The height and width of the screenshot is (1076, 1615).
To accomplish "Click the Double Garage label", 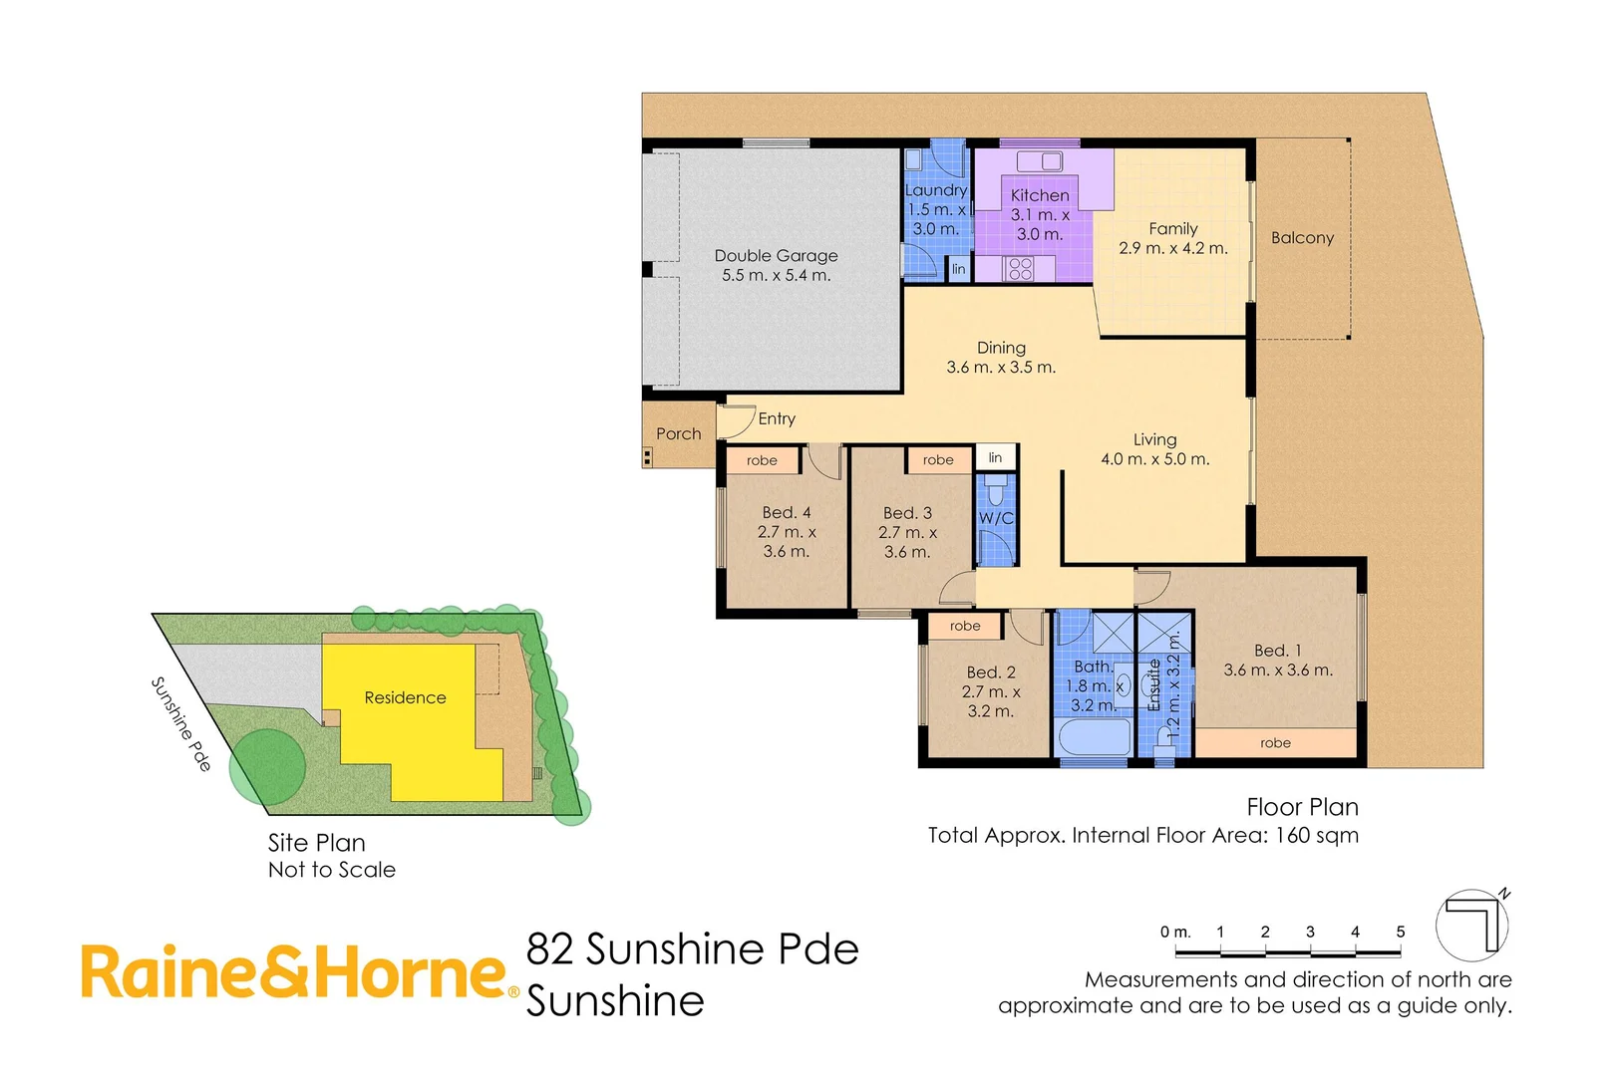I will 776,265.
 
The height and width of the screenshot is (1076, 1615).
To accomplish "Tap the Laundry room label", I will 936,190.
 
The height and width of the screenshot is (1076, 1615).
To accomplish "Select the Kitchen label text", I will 1039,195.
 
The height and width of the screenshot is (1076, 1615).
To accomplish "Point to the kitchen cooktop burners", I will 1018,268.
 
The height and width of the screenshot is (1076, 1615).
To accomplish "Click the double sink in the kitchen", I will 1039,161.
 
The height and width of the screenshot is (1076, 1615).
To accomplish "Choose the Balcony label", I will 1302,238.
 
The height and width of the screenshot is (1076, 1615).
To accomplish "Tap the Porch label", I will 678,434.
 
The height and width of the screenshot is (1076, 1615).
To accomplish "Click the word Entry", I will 777,419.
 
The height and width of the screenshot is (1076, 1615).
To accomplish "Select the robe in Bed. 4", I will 762,460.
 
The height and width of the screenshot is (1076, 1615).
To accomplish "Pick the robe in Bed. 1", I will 1275,743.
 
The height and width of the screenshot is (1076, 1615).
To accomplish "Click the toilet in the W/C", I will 994,492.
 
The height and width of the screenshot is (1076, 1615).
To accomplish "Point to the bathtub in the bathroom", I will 1094,738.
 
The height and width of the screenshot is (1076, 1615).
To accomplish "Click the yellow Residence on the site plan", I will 406,697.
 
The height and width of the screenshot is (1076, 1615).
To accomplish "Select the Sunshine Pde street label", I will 180,723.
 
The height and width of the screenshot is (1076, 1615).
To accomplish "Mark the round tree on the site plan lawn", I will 267,766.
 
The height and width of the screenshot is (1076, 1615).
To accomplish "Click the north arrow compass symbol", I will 1472,925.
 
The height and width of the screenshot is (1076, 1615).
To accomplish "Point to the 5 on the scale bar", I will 1400,933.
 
